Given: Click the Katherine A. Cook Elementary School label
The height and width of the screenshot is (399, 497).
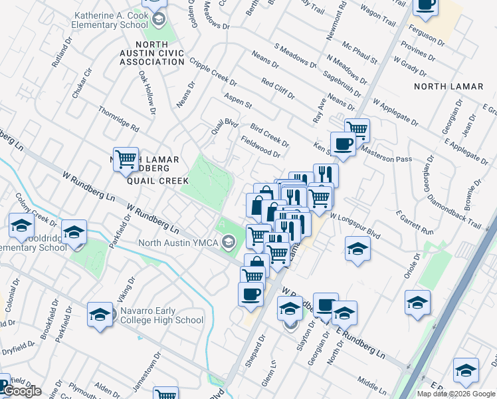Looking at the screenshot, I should coord(111,20).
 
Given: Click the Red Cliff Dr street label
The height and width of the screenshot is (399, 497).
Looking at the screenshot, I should coord(278,88).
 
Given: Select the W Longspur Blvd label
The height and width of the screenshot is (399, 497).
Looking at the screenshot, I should coord(355,227).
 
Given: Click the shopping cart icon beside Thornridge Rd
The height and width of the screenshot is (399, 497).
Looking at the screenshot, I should coord(126,158).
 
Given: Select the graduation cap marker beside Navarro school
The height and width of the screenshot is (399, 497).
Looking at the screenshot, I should coord(100,314).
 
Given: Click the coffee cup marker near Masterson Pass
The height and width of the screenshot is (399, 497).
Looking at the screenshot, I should coord(343,144).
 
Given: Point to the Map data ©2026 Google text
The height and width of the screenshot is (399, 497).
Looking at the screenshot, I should coord(456,394).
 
